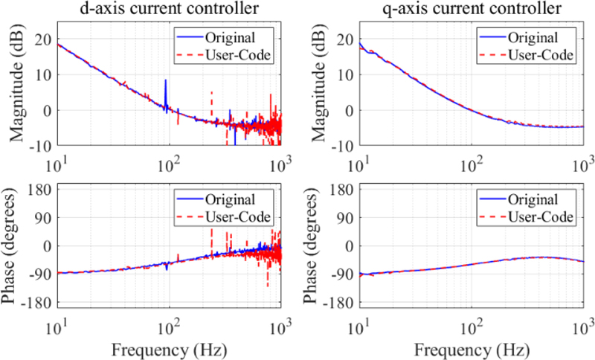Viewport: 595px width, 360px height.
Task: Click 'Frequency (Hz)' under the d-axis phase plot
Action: [170, 347]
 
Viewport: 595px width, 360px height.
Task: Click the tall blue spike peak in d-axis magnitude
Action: [165, 80]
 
